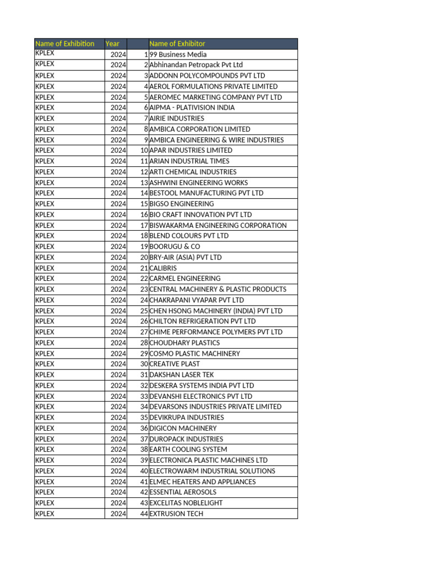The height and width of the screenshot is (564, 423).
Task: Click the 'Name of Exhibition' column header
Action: coord(65,44)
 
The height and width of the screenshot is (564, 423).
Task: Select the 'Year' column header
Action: coord(112,44)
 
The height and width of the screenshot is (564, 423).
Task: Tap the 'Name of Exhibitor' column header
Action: coord(177,44)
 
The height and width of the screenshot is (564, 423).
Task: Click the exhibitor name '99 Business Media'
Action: coord(178,55)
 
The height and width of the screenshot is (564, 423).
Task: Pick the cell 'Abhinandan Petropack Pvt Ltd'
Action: coord(196,65)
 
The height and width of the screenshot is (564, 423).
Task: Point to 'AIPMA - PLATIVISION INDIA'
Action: coord(192,107)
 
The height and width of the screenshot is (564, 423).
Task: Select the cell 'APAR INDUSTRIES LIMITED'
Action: coord(191,150)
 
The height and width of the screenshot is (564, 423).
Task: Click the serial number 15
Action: coord(144,204)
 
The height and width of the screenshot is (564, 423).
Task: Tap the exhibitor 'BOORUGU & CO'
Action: coord(175,247)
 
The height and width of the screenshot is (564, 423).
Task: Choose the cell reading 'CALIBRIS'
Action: coord(164,268)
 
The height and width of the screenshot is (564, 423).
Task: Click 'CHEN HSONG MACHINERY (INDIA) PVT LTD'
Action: coord(216,311)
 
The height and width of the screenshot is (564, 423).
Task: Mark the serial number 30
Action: coord(144,364)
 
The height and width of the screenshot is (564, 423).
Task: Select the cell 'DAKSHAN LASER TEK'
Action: coord(182,375)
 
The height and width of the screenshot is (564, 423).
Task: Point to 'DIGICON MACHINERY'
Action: coord(183,428)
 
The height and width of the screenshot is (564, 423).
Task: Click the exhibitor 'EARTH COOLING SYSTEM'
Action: coord(188,449)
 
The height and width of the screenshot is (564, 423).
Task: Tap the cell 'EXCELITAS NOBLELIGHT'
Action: coord(186,503)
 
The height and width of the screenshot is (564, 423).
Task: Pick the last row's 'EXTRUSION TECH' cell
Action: coord(176,514)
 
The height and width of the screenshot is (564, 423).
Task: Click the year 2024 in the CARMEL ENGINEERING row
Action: coord(118,279)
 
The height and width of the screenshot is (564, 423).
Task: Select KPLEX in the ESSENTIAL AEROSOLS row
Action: coord(45,492)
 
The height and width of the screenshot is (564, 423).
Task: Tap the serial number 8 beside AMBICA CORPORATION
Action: coord(146,129)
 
